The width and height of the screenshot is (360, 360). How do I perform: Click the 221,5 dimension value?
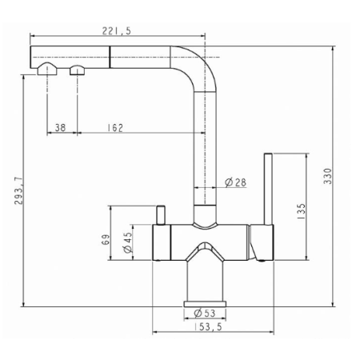coord(117,31)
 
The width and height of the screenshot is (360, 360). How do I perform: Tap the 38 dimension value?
coord(60,128)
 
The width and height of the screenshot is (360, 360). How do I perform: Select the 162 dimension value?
coord(115,128)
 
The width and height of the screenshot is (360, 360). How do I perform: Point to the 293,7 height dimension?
coord(18,190)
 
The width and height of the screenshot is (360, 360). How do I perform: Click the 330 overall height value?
coord(327,176)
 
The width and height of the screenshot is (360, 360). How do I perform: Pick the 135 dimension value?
coord(301,211)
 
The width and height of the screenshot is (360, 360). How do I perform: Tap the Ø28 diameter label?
coord(235,182)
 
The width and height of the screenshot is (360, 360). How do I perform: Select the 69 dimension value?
coord(106,239)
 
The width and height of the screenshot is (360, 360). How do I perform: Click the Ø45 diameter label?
coord(128,242)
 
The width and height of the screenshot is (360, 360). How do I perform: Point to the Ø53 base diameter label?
coord(205,313)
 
